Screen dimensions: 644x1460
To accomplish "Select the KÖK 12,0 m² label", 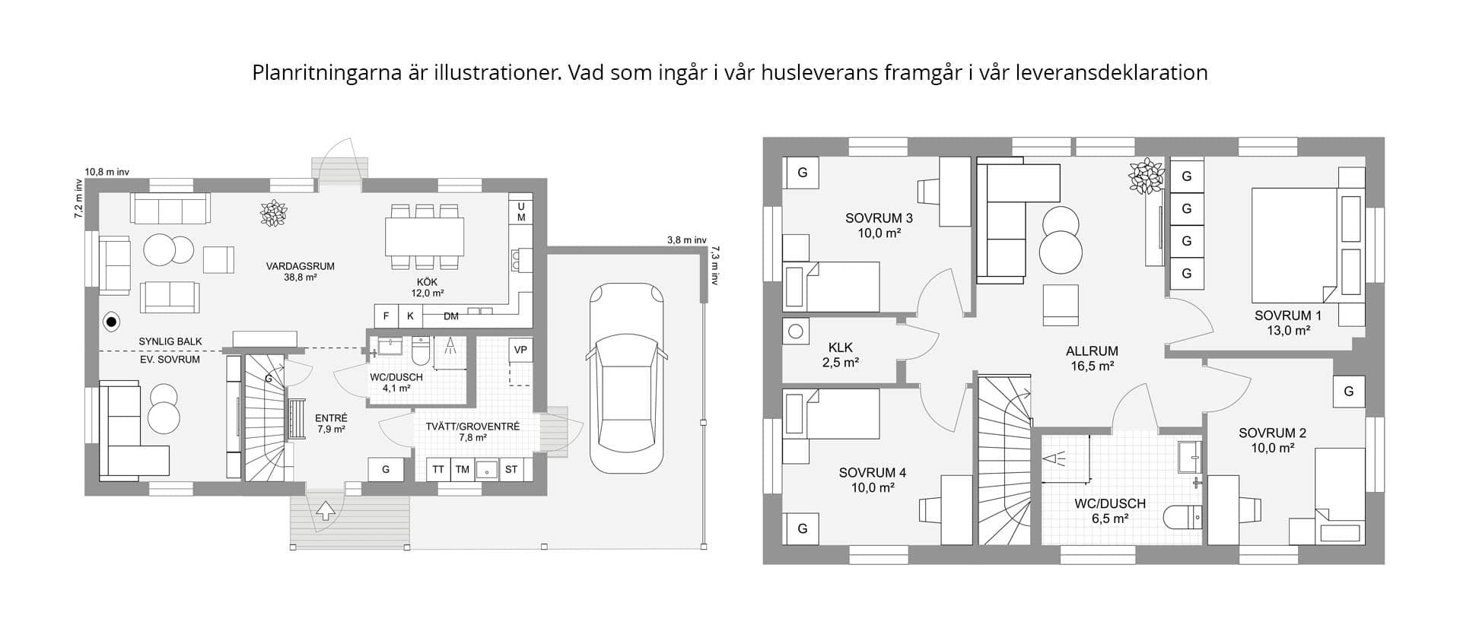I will pos(428,287).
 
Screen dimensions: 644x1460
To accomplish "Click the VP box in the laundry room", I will pos(520,350).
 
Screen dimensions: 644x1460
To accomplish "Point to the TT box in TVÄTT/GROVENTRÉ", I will pos(438,470).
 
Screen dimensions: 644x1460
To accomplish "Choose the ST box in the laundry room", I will pos(511,470).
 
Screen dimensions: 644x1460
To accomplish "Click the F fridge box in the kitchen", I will pos(386,316).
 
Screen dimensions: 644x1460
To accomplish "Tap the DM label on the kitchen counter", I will pos(451,316).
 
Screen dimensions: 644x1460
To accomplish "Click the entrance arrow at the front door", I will pos(326,510).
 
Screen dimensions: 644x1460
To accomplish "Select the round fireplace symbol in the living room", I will pos(112,322).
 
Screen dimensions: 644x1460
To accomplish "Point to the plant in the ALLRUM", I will pos(1146,176).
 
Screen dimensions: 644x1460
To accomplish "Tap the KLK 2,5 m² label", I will pos(840,355).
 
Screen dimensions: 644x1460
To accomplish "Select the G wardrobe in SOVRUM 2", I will pos(1349,392).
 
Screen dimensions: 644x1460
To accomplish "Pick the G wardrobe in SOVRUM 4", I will pos(802,528).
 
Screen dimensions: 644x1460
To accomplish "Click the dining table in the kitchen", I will pos(425,236).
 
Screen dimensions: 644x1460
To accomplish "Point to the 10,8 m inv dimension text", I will pos(107,173).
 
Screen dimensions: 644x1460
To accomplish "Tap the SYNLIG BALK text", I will pos(170,341).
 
